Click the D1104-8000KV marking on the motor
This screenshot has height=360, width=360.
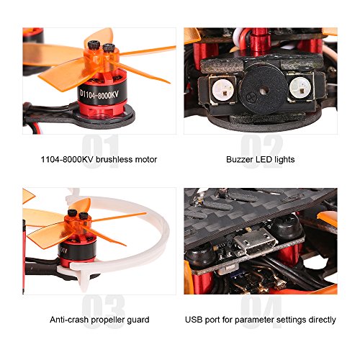(x=99, y=94)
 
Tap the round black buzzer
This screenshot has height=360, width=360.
(x=264, y=91)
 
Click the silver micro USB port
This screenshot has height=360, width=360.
(x=255, y=242)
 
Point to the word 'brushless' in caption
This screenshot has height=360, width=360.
(x=114, y=159)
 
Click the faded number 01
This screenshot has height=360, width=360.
(x=100, y=150)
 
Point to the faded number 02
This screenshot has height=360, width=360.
(x=261, y=150)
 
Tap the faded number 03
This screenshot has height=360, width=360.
(x=103, y=311)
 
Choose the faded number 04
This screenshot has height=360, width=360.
(x=261, y=311)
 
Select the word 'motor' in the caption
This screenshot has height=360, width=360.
(x=146, y=160)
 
